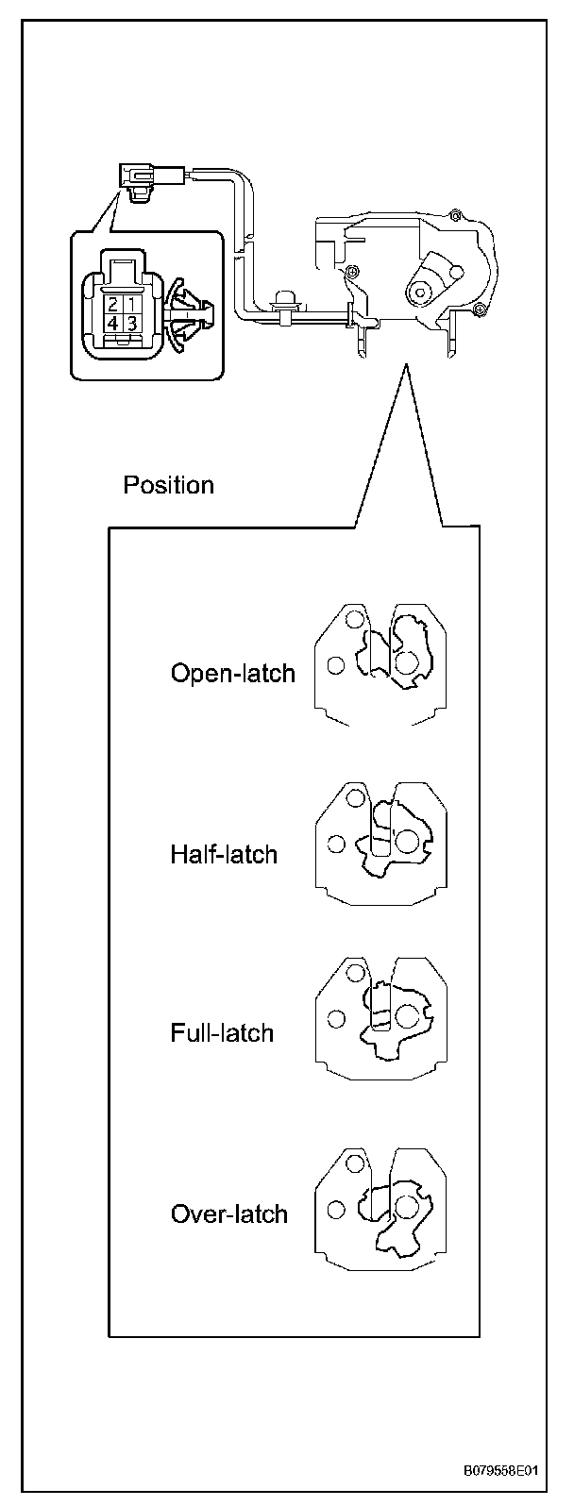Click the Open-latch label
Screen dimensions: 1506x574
(232, 674)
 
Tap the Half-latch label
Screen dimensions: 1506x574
(224, 855)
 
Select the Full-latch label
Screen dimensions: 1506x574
(222, 1033)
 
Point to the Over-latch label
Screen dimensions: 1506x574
(228, 1213)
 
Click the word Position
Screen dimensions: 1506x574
(169, 486)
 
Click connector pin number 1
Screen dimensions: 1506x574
(133, 305)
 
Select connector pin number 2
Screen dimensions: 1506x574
(113, 305)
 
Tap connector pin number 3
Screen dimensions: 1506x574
(133, 324)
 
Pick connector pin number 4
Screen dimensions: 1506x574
(113, 324)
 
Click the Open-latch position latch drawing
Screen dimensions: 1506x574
(378, 664)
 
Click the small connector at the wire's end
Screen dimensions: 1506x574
(139, 177)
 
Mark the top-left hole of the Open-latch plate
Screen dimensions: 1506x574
(354, 620)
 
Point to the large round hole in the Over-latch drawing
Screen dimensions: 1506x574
(407, 1206)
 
